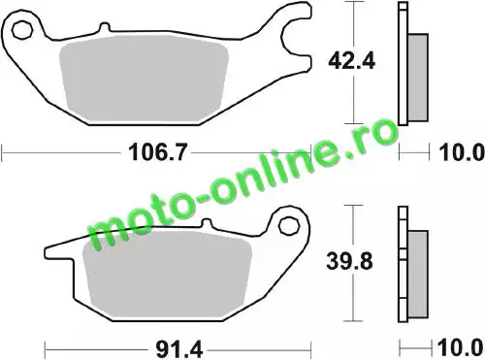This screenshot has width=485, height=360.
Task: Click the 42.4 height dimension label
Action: pyautogui.click(x=352, y=61)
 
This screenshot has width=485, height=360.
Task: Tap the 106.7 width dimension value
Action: pyautogui.click(x=158, y=152)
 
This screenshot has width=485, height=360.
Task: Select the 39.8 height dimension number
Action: pyautogui.click(x=349, y=261)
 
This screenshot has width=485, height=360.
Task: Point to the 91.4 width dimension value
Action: pyautogui.click(x=179, y=349)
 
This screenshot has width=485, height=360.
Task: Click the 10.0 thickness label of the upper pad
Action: pyautogui.click(x=462, y=152)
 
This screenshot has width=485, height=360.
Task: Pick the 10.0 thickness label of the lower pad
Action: pyautogui.click(x=461, y=348)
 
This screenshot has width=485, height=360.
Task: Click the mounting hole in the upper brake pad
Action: pyautogui.click(x=22, y=30)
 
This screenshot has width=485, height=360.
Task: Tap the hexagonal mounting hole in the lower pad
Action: pyautogui.click(x=288, y=226)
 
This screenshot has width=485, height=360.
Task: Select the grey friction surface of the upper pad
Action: pyautogui.click(x=145, y=79)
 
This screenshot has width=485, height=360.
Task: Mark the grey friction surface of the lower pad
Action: pyautogui.click(x=168, y=275)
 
